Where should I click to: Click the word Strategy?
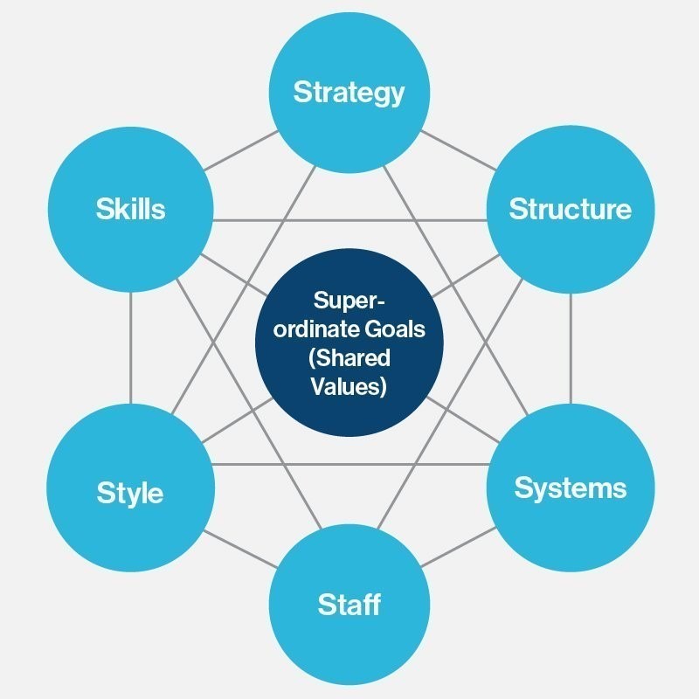point(349,93)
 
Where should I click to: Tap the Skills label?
point(130,209)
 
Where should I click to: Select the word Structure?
point(571,209)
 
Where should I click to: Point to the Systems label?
point(571,488)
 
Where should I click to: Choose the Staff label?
point(349,605)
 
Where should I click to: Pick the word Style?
point(129,493)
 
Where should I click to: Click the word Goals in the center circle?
point(395,329)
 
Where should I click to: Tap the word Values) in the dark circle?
point(349,386)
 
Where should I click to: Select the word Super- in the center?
point(349,301)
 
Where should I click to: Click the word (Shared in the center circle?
point(349,358)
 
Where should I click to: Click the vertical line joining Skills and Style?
point(130,348)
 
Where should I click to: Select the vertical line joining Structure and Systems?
point(571,349)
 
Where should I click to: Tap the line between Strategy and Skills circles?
point(241,150)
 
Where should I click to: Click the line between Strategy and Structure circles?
point(458,150)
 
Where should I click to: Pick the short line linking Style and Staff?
point(241,550)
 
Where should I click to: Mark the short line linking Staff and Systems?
point(458,548)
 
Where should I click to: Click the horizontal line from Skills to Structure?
point(350,220)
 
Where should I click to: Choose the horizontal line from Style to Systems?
point(351,465)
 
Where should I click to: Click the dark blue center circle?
point(349,343)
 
